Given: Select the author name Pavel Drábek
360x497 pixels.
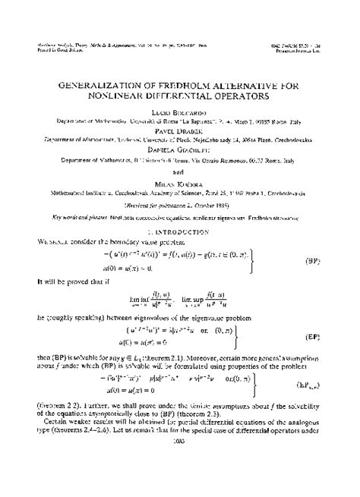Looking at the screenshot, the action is (181, 129).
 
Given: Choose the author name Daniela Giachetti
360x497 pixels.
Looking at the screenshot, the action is (181, 149).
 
